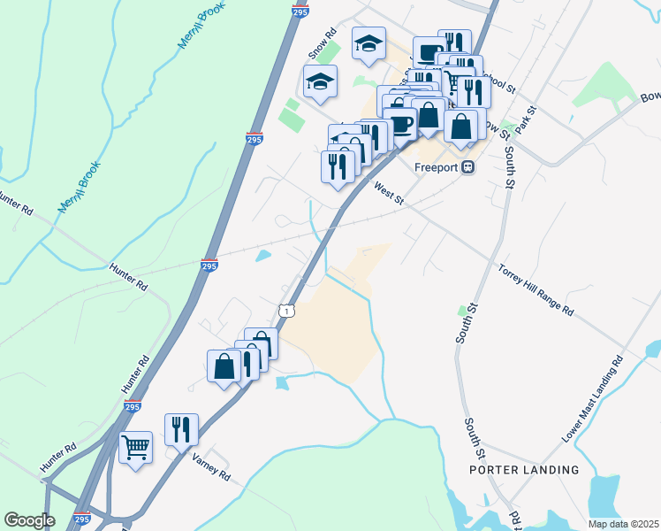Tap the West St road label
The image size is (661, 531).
click(x=388, y=194)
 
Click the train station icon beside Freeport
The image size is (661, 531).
click(x=467, y=167)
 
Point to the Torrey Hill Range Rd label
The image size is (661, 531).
click(x=536, y=290)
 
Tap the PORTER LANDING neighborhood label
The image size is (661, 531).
click(x=524, y=470)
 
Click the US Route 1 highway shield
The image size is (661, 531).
click(x=285, y=310)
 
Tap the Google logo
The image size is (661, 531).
click(x=29, y=519)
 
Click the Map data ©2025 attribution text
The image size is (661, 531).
click(x=623, y=524)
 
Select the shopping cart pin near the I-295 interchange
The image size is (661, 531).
click(x=135, y=449)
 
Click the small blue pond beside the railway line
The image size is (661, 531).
click(x=262, y=257)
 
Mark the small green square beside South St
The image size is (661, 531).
click(x=461, y=310)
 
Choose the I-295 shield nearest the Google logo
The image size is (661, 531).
click(x=81, y=519)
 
